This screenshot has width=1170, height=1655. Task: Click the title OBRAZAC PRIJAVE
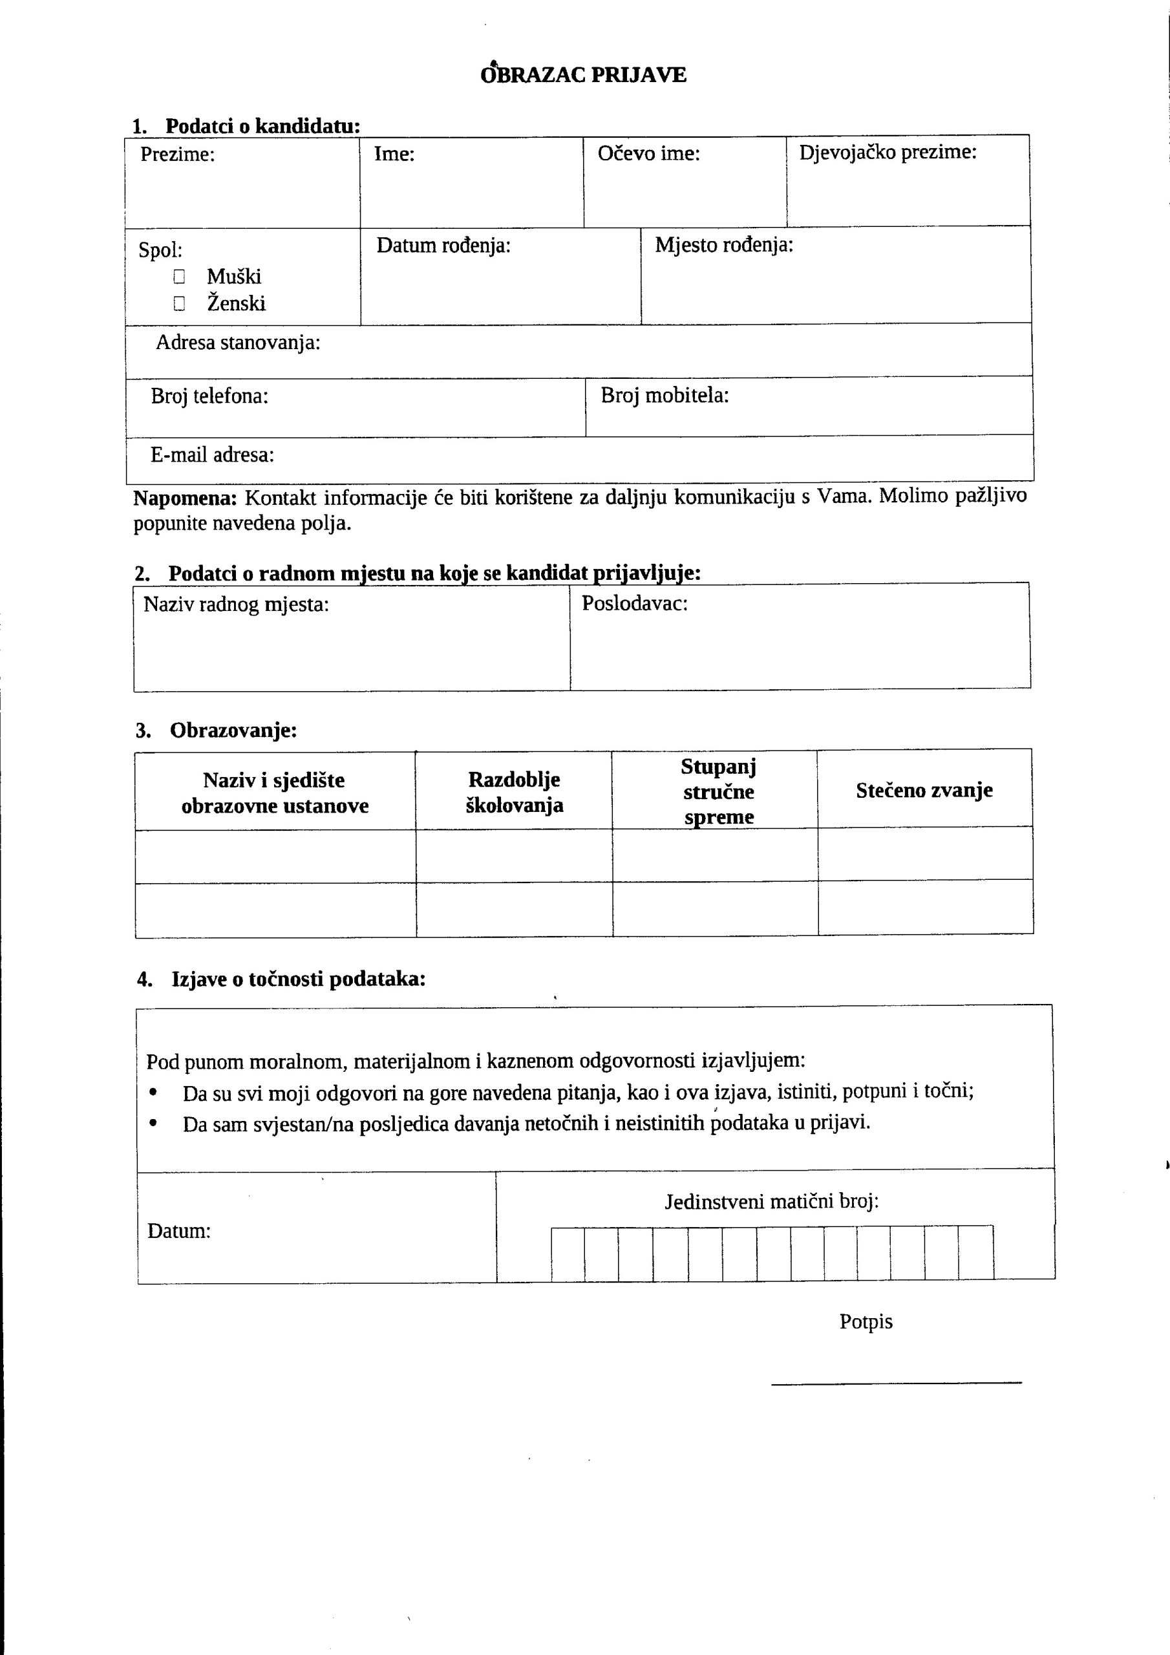tap(583, 75)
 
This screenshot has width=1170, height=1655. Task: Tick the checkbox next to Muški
tap(180, 277)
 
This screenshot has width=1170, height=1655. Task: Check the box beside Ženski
tap(180, 303)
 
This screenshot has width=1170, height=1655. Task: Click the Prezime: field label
tap(177, 155)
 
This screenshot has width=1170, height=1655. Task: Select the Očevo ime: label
tap(648, 153)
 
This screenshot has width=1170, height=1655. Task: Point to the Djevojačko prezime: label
tap(888, 152)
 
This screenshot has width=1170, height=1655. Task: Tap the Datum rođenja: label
tap(443, 246)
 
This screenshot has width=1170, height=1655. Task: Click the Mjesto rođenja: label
tap(724, 245)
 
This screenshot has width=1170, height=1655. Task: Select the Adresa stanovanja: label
tap(238, 343)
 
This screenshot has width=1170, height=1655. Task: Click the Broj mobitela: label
tap(665, 395)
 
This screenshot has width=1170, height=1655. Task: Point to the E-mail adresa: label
tap(212, 455)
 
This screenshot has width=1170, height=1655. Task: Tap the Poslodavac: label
tap(634, 603)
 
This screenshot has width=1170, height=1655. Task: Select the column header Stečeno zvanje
tap(924, 790)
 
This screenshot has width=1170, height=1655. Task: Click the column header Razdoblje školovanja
tap(514, 791)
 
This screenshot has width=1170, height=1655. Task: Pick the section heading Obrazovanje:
tap(233, 730)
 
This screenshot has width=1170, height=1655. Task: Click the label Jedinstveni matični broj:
tap(771, 1202)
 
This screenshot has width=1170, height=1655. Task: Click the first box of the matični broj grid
tap(568, 1254)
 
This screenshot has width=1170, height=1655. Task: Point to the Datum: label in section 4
tap(179, 1231)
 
